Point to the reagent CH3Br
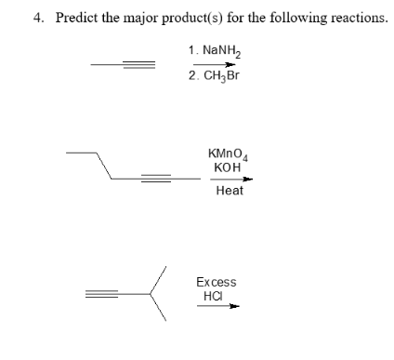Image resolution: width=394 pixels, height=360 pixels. tap(223, 76)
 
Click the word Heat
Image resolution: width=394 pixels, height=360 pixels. tap(229, 191)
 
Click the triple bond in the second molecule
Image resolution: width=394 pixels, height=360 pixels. tap(161, 176)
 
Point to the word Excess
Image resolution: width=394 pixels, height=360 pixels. tap(216, 282)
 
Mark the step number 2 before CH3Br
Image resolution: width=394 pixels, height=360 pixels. tap(190, 76)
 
